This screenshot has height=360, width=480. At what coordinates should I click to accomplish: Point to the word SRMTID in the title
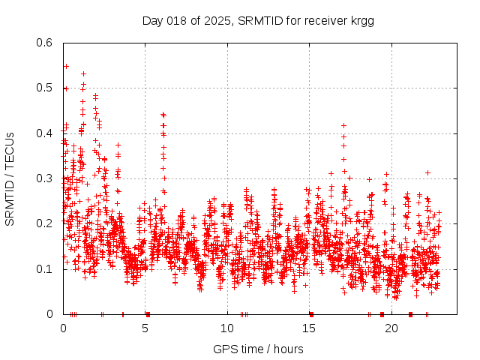click(x=256, y=20)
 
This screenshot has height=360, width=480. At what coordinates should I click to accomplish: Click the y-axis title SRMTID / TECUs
click(x=10, y=179)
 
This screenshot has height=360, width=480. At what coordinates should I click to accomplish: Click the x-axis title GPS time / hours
click(x=258, y=349)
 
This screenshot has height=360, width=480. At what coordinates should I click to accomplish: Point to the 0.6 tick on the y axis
click(x=46, y=43)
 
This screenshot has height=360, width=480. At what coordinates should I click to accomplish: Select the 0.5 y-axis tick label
click(x=46, y=88)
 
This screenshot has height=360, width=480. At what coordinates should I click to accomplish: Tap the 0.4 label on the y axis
click(x=46, y=133)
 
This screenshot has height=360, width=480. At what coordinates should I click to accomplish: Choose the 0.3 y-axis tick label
click(x=46, y=179)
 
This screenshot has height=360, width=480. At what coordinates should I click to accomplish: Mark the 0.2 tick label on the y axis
click(x=46, y=224)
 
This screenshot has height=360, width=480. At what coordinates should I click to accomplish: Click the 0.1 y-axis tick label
click(x=46, y=269)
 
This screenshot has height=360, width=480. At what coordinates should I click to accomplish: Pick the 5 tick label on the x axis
click(x=145, y=328)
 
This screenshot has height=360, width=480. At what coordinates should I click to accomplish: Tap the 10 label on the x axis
click(x=227, y=328)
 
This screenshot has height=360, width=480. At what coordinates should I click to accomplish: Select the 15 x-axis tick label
click(x=310, y=328)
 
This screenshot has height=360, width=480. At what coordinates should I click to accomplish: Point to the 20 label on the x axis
click(x=392, y=328)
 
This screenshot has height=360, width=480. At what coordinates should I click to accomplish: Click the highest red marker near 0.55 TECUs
click(x=66, y=66)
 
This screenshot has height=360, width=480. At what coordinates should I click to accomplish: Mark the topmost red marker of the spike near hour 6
click(x=163, y=114)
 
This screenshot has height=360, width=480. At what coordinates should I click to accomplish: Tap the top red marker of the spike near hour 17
click(x=343, y=125)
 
